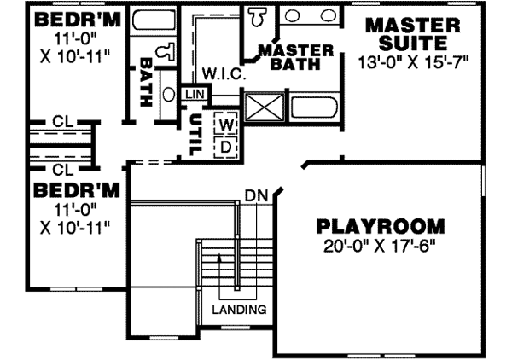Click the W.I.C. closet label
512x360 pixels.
tap(224, 74)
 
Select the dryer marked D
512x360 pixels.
tap(226, 145)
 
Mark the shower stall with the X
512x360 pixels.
tap(264, 108)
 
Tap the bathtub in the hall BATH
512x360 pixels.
tap(152, 21)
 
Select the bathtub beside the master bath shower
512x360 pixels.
tap(315, 108)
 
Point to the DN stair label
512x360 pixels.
tap(256, 195)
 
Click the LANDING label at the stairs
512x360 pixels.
tap(240, 309)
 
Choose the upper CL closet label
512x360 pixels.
tap(62, 121)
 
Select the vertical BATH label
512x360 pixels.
tap(146, 81)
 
